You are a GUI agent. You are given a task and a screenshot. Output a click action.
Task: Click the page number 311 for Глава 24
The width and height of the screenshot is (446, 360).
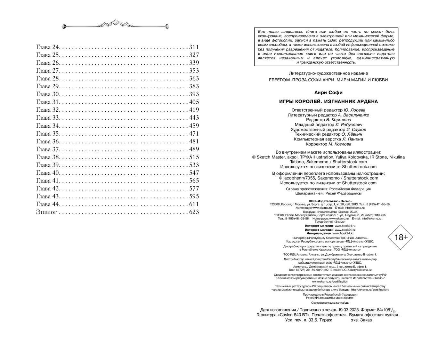[x=194, y=47]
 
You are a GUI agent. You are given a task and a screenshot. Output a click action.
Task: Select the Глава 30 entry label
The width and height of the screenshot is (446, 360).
[x=48, y=94]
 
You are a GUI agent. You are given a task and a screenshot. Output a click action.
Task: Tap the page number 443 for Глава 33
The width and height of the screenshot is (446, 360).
[x=194, y=118]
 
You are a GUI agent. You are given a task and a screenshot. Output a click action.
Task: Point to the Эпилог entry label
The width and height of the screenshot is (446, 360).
[x=47, y=212]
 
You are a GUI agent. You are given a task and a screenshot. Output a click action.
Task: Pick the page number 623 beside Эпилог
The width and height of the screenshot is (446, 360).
[x=194, y=212]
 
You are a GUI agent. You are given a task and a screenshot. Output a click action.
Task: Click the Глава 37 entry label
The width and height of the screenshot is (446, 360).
[x=48, y=149]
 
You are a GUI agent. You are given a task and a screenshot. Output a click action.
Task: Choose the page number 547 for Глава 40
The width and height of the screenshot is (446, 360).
[x=194, y=173]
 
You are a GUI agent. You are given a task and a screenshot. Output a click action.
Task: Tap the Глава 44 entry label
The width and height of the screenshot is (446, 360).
[x=48, y=204]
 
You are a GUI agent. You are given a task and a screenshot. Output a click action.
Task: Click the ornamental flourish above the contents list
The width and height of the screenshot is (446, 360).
[x=115, y=25]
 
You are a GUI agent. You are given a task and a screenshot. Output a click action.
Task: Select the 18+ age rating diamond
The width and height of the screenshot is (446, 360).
[x=401, y=237]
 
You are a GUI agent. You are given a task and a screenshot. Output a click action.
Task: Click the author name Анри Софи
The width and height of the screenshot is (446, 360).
[x=328, y=92]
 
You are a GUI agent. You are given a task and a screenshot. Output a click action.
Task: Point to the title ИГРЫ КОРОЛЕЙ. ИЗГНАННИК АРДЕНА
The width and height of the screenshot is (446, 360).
[x=328, y=101]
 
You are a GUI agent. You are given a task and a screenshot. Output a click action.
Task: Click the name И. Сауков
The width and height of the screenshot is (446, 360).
[x=356, y=130]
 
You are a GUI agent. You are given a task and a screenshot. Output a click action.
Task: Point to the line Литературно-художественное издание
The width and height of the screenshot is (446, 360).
[x=328, y=73]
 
